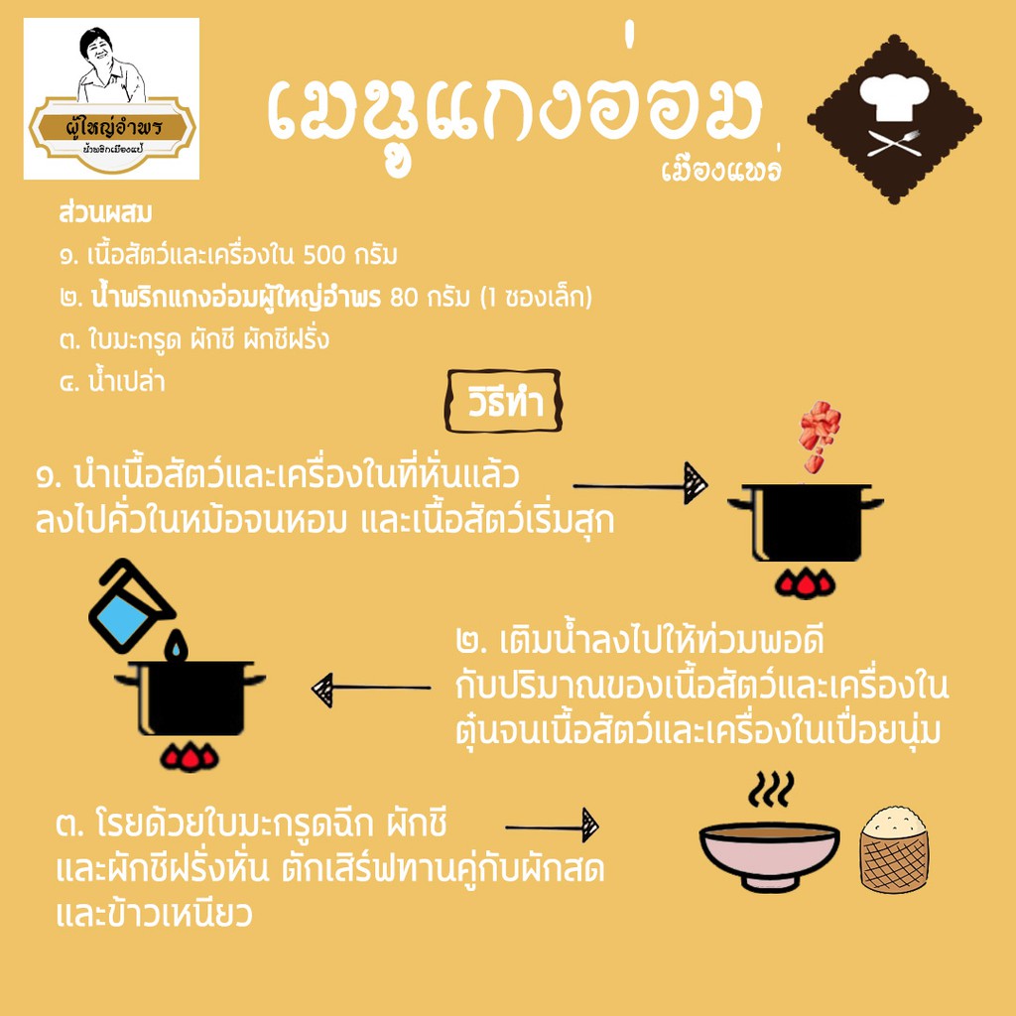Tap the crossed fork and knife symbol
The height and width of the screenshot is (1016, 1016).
[894, 143]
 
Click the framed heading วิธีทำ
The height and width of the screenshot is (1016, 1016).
[503, 401]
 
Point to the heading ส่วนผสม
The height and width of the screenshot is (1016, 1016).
[105, 213]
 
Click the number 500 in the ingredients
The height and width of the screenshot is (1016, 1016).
[324, 255]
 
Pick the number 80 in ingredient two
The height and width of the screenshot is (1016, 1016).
[405, 298]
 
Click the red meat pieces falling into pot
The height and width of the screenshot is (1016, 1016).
[819, 436]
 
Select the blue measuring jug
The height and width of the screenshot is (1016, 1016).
[129, 606]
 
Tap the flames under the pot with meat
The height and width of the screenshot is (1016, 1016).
[805, 584]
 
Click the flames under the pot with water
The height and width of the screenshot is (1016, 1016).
[190, 757]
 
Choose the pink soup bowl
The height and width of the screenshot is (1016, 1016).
[769, 855]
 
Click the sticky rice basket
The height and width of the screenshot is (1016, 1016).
[894, 849]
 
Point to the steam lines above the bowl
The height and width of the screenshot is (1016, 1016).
[771, 789]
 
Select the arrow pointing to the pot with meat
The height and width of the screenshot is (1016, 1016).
[640, 484]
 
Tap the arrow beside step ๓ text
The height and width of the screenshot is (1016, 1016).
[552, 826]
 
